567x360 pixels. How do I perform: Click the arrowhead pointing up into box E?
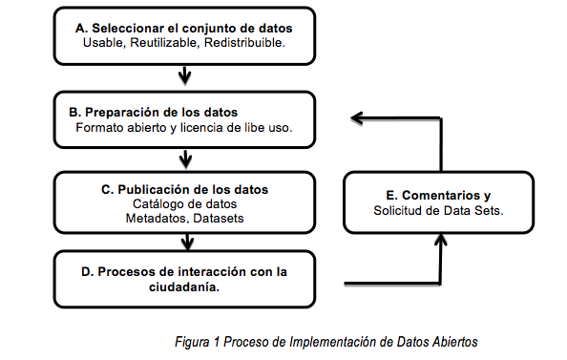coord(440,245)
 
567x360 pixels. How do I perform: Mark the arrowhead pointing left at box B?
coord(355,117)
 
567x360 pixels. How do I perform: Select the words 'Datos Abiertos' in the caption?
coord(435,340)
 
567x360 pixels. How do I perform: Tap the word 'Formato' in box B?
coord(98,127)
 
